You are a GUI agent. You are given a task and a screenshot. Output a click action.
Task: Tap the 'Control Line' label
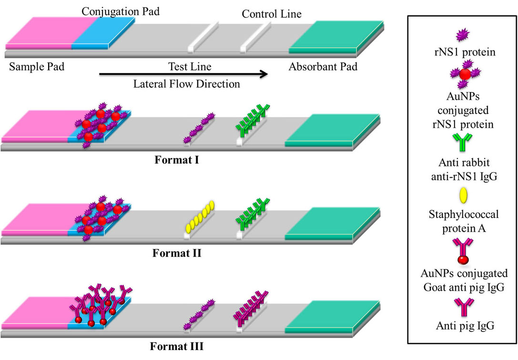pos(272,14)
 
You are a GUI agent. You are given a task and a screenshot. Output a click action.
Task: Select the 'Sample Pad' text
pos(37,66)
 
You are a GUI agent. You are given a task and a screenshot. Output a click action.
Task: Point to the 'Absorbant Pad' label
pos(323,66)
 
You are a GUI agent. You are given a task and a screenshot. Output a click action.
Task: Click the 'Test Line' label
pos(190,66)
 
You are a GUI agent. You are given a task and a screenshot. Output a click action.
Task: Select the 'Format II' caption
pos(177,253)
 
